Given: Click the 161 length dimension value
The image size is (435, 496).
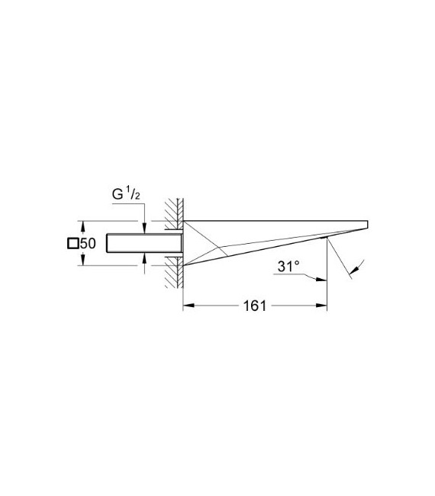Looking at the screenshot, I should point(255,306).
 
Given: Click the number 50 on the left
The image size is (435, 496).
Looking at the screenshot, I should point(87,244).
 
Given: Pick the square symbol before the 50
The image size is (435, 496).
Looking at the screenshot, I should point(73,244).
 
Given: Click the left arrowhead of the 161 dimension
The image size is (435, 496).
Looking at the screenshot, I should point(187,306).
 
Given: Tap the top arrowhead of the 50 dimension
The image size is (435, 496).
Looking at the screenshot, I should point(82,226).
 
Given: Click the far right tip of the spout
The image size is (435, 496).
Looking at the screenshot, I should point(368,223).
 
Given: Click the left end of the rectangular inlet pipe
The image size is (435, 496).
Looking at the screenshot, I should point(108,243).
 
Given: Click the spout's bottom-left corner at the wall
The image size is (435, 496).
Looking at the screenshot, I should point(183,264).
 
